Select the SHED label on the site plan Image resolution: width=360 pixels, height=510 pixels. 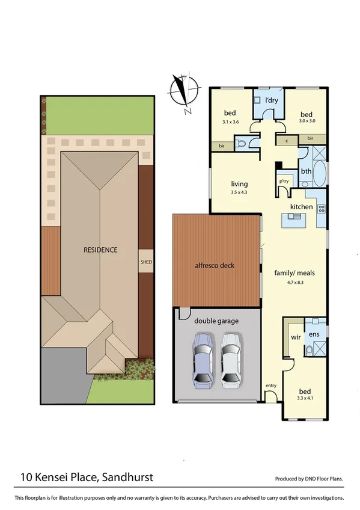point(146,262)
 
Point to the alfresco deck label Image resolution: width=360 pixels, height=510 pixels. point(214,266)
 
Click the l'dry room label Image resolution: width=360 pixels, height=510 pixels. point(271,100)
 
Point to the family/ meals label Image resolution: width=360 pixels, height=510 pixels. point(294,272)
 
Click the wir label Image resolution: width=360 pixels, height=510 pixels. point(295,338)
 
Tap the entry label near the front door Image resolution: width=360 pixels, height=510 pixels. point(271,385)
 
